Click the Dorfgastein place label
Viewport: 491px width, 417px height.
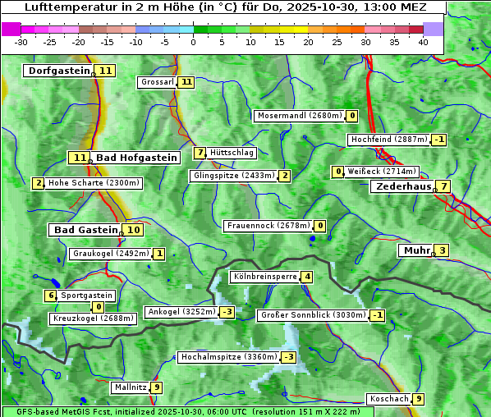point(58,71)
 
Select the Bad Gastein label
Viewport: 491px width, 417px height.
point(85,230)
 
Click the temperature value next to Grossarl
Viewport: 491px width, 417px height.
point(187,82)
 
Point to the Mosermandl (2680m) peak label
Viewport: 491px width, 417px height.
point(299,116)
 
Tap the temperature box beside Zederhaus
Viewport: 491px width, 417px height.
point(443,186)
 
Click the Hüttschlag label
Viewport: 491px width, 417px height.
point(232,153)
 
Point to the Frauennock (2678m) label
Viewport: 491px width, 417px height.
point(268,226)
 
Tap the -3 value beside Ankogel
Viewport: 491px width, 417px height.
point(227,312)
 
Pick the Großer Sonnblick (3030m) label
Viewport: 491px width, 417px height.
point(312,315)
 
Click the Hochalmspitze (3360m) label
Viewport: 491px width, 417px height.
point(229,357)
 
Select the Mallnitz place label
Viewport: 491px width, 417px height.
point(131,387)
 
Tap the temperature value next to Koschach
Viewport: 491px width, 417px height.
point(419,399)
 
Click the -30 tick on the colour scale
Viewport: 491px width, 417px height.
point(21,41)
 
